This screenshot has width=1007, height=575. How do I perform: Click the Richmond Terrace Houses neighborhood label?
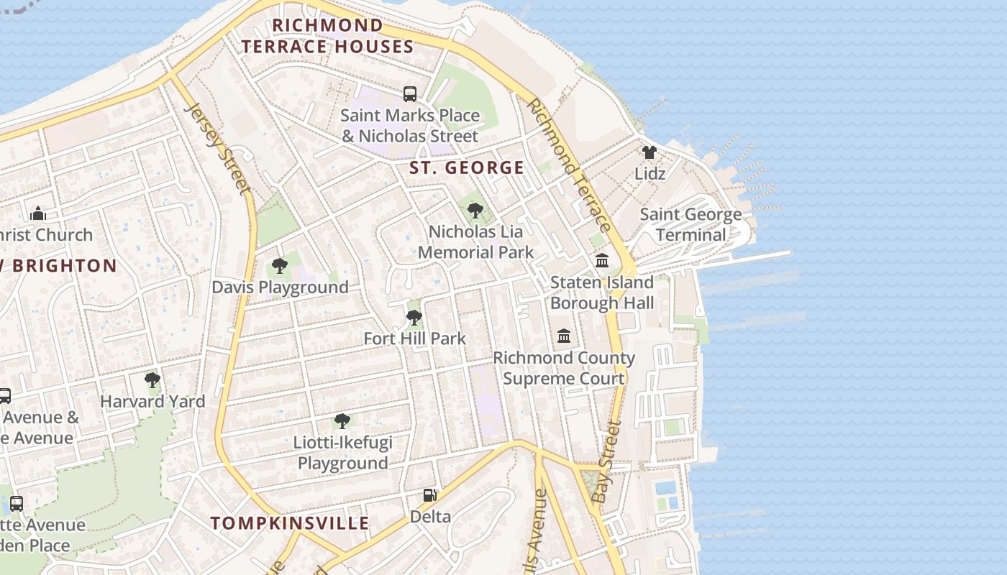coord(327,36)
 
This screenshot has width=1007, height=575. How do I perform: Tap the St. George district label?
coord(467,168)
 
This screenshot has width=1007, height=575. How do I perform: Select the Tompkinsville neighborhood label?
coord(290,523)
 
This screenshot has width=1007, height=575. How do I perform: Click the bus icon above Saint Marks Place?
coord(410,93)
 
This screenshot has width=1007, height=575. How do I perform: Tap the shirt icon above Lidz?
coord(650,152)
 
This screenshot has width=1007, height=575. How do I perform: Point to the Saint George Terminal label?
coord(691,224)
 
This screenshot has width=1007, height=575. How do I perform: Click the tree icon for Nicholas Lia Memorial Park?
coord(475,211)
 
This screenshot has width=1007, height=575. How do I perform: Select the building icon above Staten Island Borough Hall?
coord(602,260)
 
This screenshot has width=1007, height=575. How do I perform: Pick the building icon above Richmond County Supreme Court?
coord(564,336)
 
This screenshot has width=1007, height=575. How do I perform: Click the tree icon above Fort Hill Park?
coord(414,317)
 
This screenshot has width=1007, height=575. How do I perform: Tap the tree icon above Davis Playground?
coord(280,266)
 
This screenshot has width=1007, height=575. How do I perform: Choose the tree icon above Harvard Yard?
coord(152,379)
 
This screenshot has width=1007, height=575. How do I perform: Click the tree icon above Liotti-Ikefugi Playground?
coord(342,420)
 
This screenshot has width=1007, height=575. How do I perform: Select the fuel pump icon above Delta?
coord(430,494)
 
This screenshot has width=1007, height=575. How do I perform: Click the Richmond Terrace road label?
coord(569,165)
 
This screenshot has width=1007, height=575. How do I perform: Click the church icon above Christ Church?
coord(39,213)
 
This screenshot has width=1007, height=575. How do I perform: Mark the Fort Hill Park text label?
coord(415,339)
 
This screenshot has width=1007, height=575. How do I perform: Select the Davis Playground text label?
coord(280,287)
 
